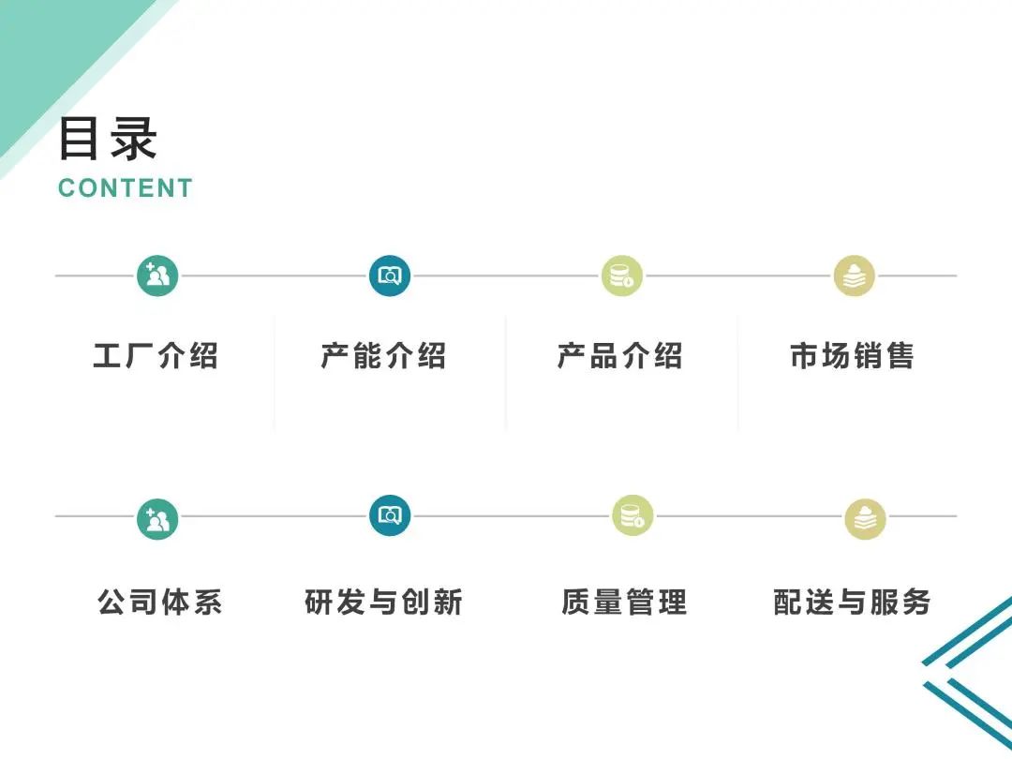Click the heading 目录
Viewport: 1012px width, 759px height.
tap(108, 139)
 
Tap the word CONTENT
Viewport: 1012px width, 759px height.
tap(126, 188)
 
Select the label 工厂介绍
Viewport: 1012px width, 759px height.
tap(156, 356)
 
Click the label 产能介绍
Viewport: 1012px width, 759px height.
tap(383, 356)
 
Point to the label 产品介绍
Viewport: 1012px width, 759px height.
tap(619, 356)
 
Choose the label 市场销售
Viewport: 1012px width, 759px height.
tap(852, 356)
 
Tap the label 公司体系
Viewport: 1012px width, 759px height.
tap(159, 602)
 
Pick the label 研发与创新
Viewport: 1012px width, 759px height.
tap(384, 602)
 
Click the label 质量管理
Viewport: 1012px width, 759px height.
tap(624, 602)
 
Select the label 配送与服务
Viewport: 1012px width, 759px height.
tap(852, 602)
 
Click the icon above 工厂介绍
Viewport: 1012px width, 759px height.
tap(157, 275)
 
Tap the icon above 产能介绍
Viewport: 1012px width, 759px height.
tap(390, 275)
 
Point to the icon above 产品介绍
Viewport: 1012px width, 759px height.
tap(622, 275)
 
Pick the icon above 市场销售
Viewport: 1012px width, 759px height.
tap(855, 275)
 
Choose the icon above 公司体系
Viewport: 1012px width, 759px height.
tap(157, 517)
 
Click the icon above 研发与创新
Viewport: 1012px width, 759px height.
tap(390, 515)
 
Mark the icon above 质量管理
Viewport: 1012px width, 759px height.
tap(632, 515)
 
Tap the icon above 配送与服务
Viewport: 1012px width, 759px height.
tap(865, 518)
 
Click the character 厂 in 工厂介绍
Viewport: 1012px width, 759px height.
tap(140, 356)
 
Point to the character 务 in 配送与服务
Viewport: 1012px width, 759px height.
tap(915, 602)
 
